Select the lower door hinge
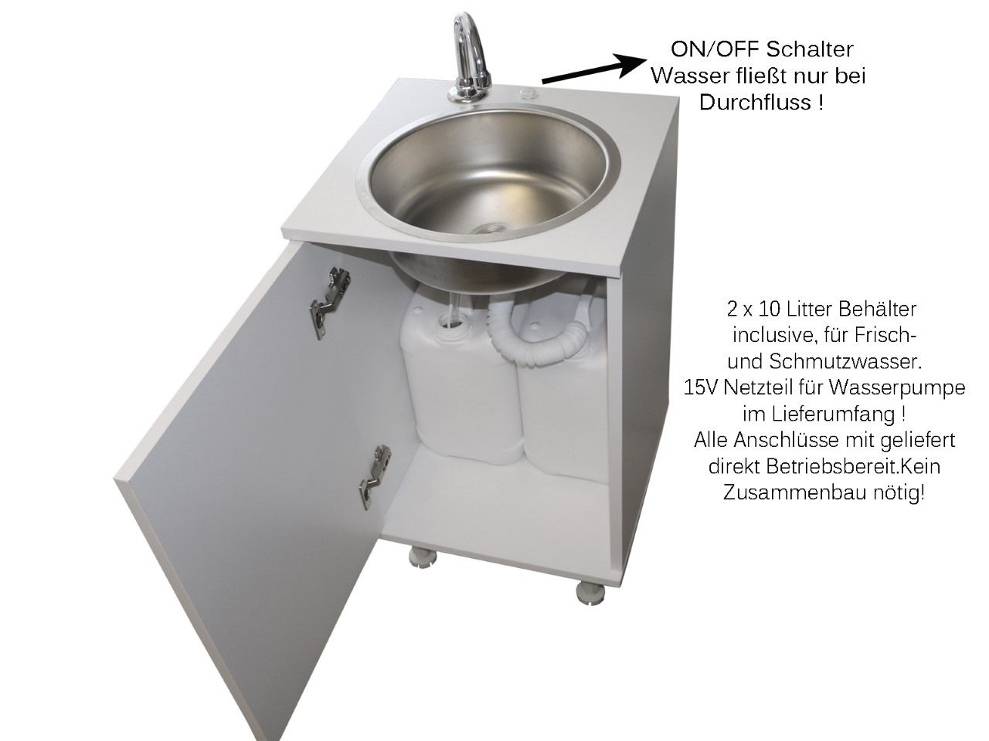point(375,476)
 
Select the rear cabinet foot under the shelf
point(422,557)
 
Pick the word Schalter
point(810,49)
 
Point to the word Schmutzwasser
point(845,361)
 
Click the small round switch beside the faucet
point(527,94)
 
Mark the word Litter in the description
point(809,309)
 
